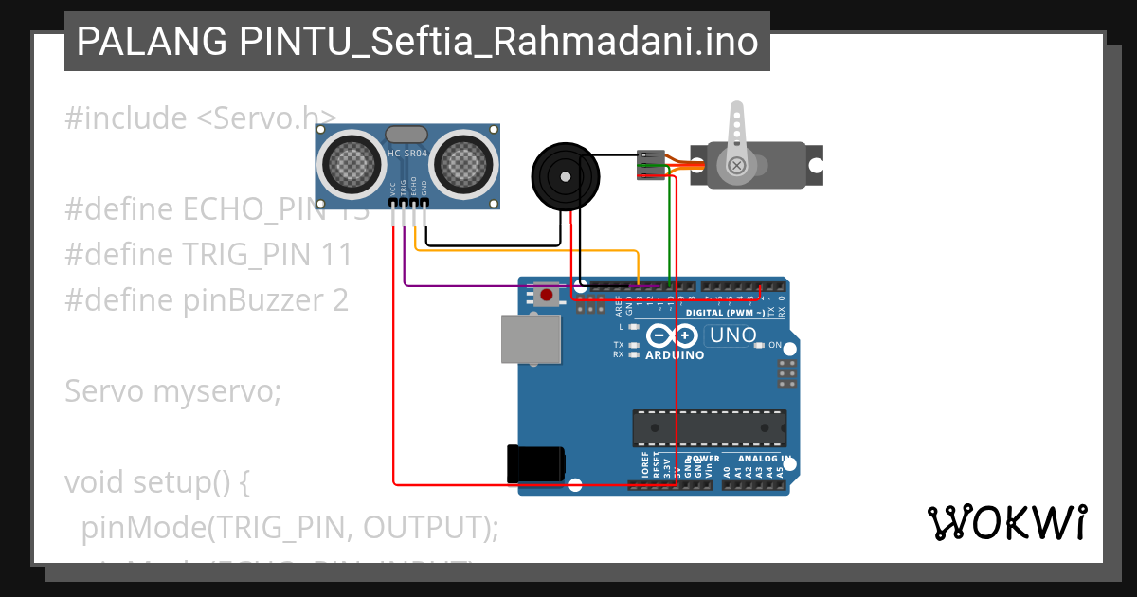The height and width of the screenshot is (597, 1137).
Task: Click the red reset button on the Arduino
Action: coord(546,296)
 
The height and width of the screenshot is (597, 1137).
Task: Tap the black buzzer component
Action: coord(565,175)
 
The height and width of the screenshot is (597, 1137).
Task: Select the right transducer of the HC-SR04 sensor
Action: coord(465,162)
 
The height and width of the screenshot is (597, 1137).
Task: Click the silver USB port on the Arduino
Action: coord(532,338)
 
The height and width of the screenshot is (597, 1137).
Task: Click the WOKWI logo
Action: coord(1007,522)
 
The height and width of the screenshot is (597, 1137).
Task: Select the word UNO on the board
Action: coord(733,335)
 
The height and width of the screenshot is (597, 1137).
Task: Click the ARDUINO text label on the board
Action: coord(675,355)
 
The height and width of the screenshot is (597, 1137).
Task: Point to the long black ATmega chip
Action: coord(709,427)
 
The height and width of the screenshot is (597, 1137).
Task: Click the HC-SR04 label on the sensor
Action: coord(407,153)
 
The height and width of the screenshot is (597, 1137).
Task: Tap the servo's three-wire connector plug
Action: coord(649,164)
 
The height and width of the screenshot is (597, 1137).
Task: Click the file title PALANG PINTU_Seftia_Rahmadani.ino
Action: coord(417,42)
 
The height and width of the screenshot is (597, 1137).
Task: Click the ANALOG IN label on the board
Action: coord(764,459)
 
